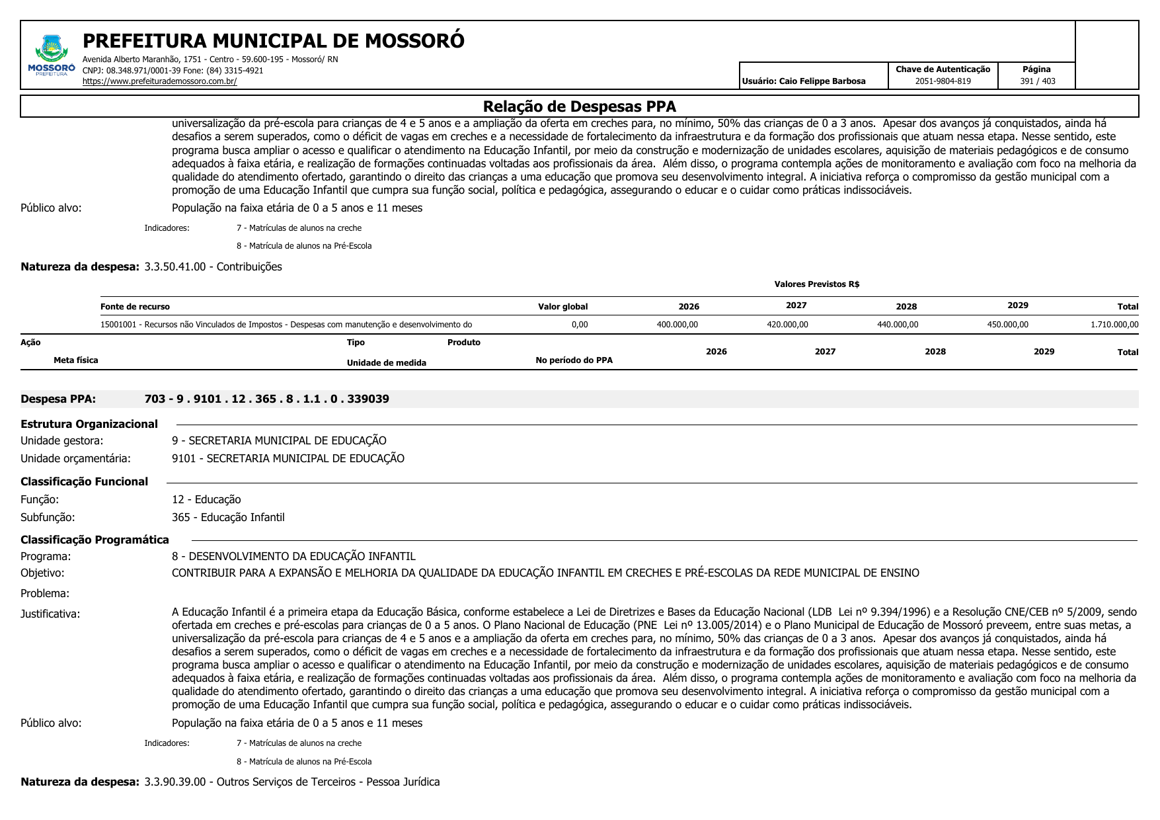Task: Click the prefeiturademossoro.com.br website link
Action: coord(159,81)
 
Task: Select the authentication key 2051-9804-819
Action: coord(943,81)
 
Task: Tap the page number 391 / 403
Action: coord(1037,81)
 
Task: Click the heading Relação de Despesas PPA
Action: coord(579,106)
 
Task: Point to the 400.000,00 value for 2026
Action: coord(677,325)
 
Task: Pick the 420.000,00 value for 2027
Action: coord(787,325)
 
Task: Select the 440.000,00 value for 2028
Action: coord(898,325)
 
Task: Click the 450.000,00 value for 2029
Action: coord(1007,325)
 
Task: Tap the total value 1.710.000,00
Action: coord(1114,325)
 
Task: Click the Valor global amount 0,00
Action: coord(579,325)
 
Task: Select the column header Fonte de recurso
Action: coord(135,307)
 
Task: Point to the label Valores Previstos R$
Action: coord(816,284)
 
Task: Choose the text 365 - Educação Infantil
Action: coord(228,517)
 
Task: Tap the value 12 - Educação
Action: coord(206,499)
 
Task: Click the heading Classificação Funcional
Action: coord(84,481)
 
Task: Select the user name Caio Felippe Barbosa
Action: coord(803,81)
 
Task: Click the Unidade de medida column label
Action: coord(386,363)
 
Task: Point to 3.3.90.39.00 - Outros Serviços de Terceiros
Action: coord(291,782)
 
